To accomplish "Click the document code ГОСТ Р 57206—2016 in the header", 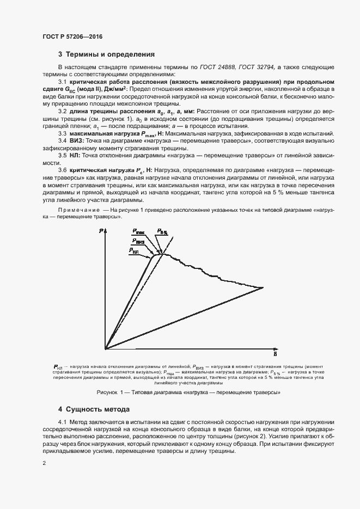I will point(72,36).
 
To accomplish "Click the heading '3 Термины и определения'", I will point(106,54).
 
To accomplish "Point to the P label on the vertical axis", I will point(102,232).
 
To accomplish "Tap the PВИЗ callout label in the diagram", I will point(138,241).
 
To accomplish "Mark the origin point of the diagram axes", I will point(106,348).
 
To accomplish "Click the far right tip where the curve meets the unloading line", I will point(263,287).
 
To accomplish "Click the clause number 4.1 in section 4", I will point(63,423).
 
